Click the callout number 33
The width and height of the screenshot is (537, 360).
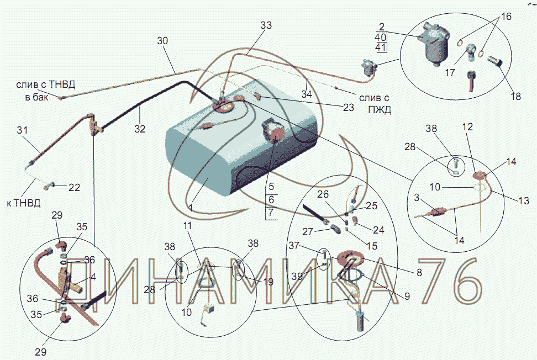click(266, 25)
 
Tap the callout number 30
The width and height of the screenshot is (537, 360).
click(162, 41)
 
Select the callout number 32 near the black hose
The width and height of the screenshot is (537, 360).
click(140, 129)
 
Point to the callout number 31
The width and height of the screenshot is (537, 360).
click(22, 130)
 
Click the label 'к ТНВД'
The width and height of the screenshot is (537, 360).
click(24, 203)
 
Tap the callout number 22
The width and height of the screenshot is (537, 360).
click(74, 187)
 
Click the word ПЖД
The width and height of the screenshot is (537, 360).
click(380, 109)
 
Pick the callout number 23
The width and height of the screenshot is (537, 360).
click(348, 108)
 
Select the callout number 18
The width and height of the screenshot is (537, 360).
click(516, 96)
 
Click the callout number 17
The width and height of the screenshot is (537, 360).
click(450, 72)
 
